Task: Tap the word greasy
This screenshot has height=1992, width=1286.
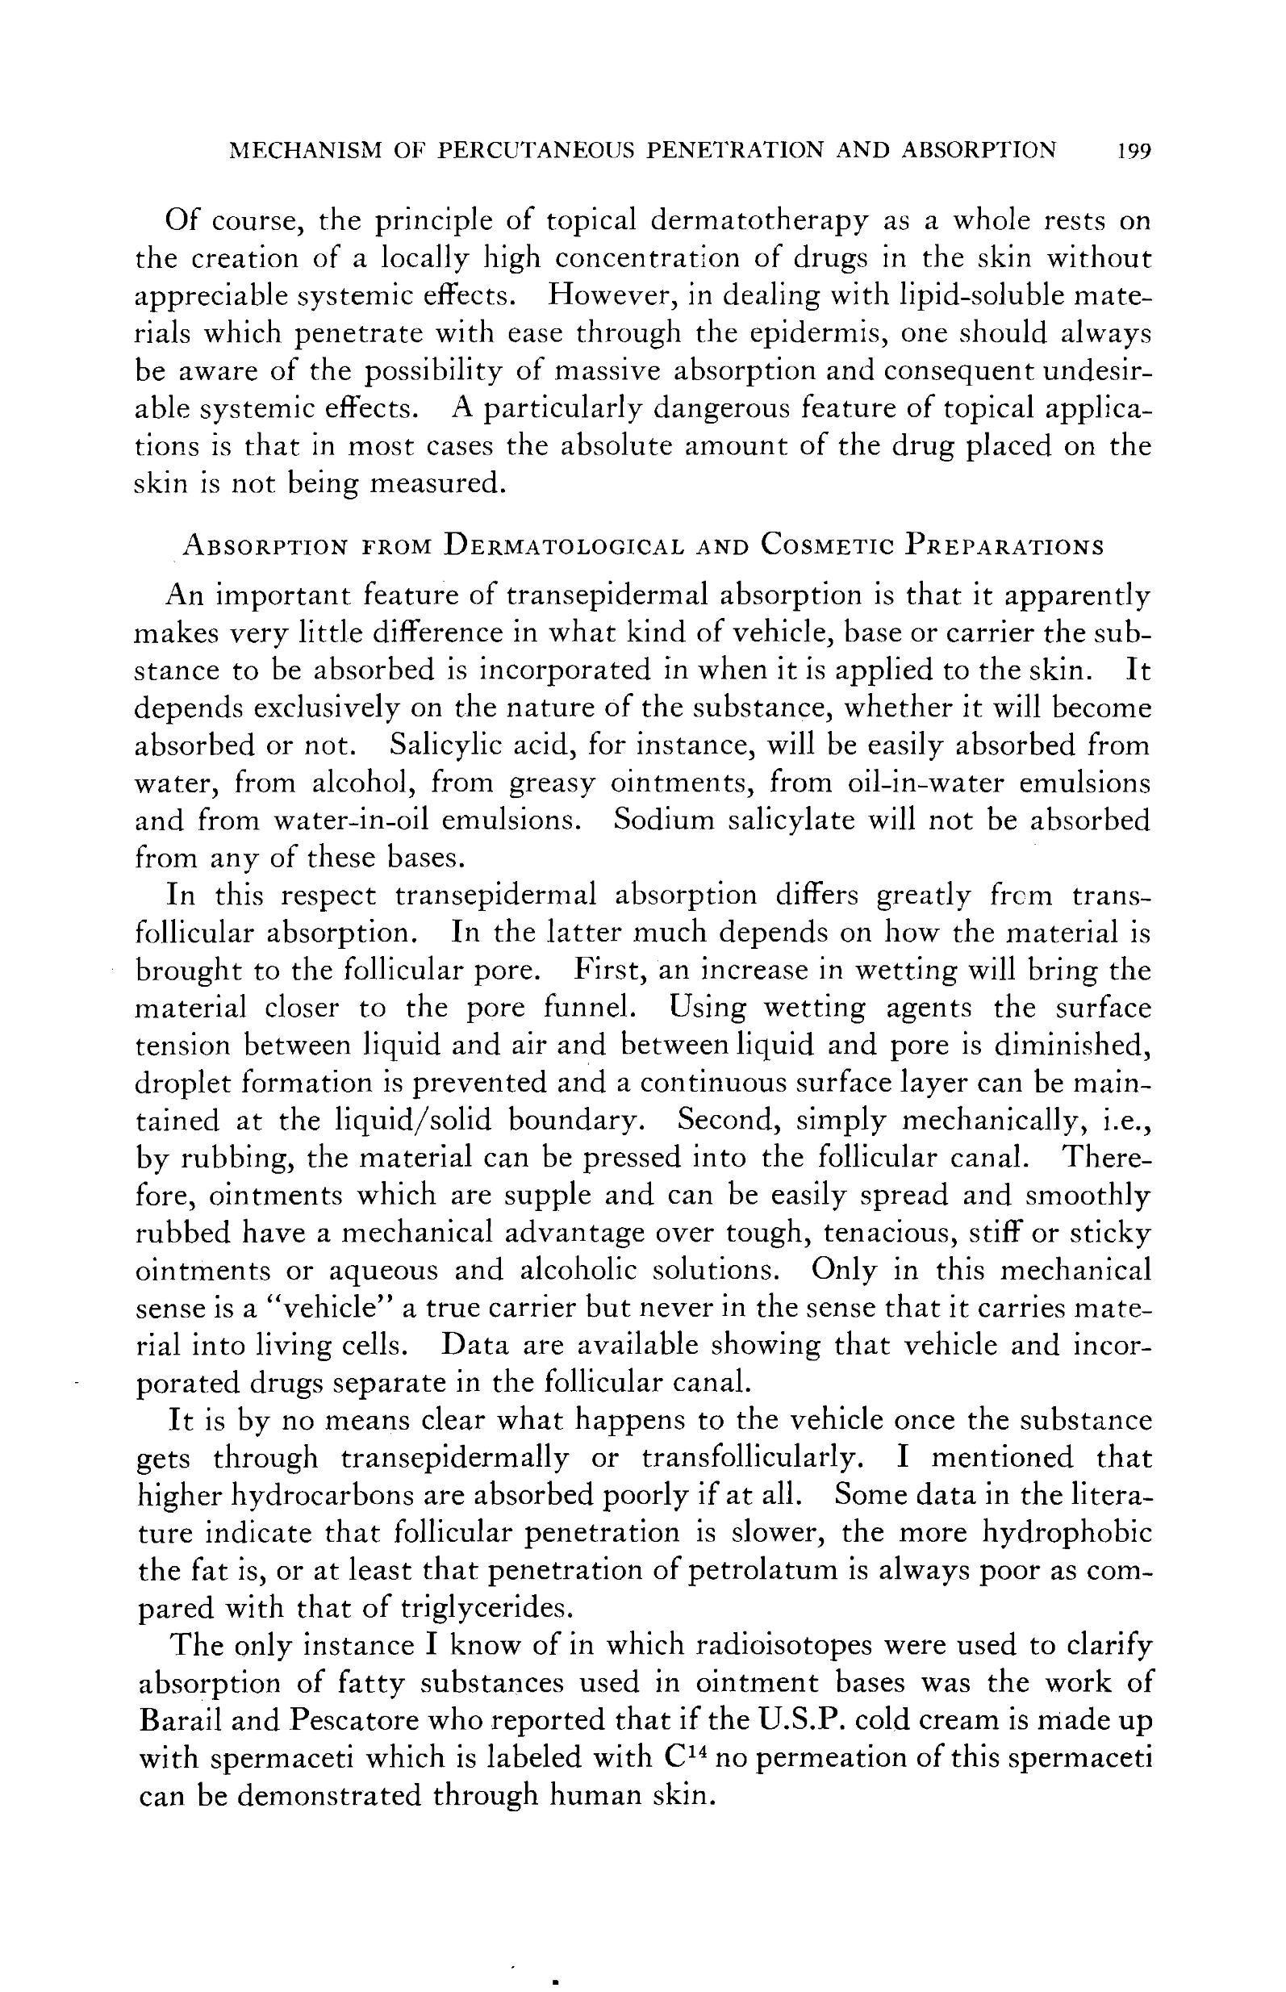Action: (x=552, y=783)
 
